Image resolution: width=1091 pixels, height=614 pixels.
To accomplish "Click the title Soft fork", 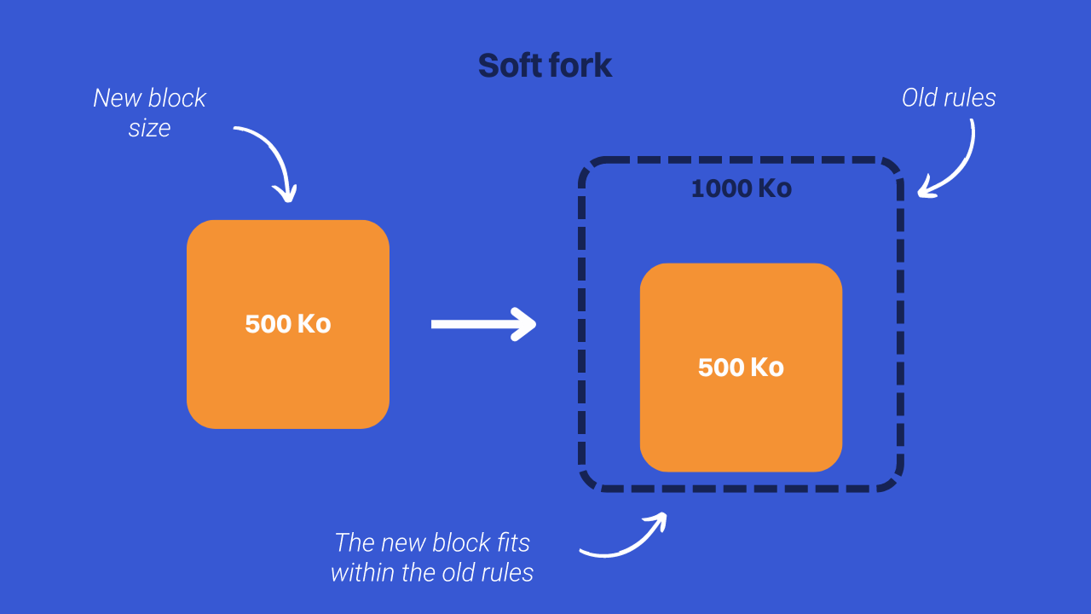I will tap(545, 66).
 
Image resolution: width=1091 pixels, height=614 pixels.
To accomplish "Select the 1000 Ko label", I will tap(741, 188).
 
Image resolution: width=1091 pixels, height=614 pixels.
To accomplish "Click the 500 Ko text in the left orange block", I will tap(287, 324).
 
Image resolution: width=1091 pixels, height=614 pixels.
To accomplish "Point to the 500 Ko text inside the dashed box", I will tap(741, 368).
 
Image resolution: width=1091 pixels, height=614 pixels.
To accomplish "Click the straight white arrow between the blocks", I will tap(482, 324).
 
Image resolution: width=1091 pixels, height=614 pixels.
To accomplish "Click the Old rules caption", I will tap(949, 98).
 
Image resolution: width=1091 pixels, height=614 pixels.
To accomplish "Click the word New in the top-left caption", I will tap(118, 98).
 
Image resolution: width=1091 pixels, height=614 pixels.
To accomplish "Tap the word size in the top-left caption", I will tap(149, 129).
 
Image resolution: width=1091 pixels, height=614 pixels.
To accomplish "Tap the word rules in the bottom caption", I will tap(506, 572).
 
